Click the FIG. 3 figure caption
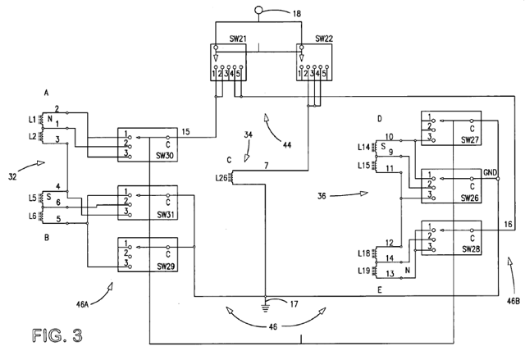(x=57, y=335)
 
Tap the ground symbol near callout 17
(x=265, y=308)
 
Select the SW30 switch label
(x=164, y=156)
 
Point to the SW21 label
(x=238, y=39)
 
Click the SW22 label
(x=324, y=39)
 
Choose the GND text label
(x=491, y=173)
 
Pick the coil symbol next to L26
(x=231, y=177)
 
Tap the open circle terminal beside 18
(x=258, y=10)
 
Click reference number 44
(x=287, y=144)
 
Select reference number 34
(x=248, y=134)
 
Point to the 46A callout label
(x=82, y=304)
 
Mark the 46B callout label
(x=513, y=301)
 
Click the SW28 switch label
(x=469, y=249)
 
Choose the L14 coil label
(x=364, y=147)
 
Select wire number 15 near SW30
(x=186, y=131)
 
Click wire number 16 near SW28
(x=508, y=224)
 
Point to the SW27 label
(x=469, y=140)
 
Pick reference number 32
(x=12, y=176)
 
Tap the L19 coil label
(x=364, y=270)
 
